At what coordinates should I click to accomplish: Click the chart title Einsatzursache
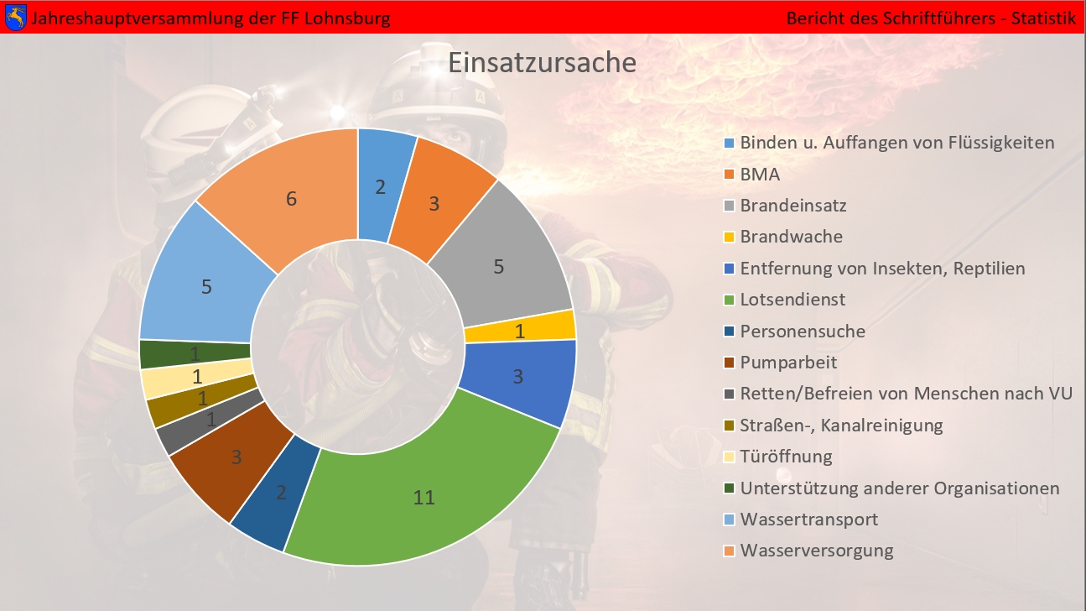(x=542, y=63)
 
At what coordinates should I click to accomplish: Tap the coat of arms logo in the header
(x=15, y=17)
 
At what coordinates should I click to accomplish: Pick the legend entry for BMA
(x=760, y=175)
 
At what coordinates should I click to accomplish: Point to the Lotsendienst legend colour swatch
(x=729, y=300)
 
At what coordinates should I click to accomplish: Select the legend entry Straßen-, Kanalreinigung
(x=841, y=426)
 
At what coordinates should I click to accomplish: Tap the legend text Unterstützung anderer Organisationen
(x=899, y=488)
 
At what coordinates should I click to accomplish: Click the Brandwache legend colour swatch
(x=729, y=238)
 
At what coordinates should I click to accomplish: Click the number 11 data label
(x=424, y=498)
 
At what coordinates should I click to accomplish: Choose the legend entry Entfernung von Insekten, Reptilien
(x=882, y=269)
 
